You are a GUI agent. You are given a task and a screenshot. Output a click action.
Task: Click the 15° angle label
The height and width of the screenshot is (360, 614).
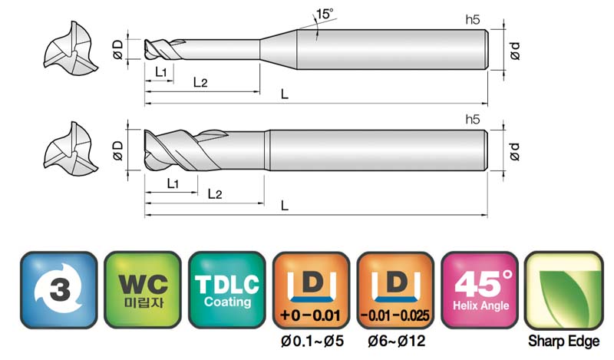[325, 14]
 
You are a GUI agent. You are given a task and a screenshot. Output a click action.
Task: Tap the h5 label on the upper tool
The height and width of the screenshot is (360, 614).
[473, 20]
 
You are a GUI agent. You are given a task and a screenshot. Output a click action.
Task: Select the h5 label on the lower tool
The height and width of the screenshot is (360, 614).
[473, 119]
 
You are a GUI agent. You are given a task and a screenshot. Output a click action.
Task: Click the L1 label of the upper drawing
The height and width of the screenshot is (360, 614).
[161, 72]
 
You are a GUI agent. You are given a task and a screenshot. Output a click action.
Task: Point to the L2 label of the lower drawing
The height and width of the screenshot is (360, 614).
[215, 193]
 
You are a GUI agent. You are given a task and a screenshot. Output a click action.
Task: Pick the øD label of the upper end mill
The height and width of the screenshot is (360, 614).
[118, 49]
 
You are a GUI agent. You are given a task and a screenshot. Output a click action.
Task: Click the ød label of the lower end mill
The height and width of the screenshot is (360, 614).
[514, 151]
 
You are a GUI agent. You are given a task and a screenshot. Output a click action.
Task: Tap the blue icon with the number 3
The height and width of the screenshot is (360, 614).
[59, 290]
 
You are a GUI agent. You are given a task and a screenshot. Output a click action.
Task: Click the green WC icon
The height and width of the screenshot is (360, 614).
[143, 290]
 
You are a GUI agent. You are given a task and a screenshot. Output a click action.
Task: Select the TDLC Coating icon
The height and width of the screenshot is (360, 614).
[226, 290]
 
